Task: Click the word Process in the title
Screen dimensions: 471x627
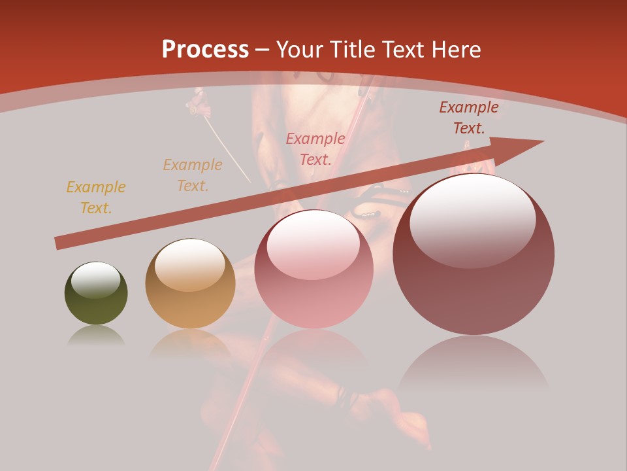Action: [205, 50]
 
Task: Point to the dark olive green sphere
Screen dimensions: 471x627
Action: [96, 294]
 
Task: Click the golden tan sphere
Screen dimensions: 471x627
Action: [190, 284]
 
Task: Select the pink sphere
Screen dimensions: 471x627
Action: [313, 270]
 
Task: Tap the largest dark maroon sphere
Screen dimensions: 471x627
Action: [474, 254]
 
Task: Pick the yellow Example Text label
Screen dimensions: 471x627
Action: [96, 198]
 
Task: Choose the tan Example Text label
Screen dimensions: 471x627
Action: [193, 175]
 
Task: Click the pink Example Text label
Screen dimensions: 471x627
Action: [315, 148]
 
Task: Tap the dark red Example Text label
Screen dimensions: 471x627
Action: [469, 118]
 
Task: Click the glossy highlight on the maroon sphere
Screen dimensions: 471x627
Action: [473, 220]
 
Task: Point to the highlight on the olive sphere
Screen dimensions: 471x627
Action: [96, 279]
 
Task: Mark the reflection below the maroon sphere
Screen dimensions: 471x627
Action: [474, 366]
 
